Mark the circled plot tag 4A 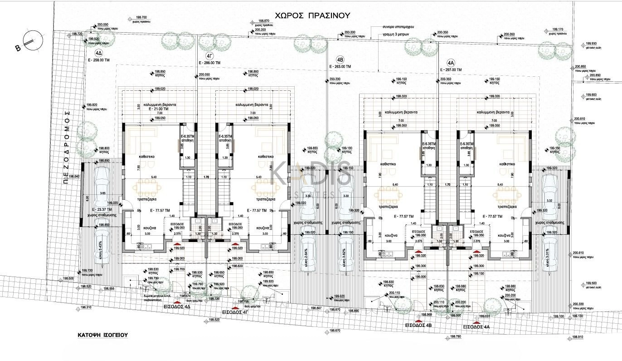pos(450,63)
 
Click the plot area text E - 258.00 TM pos(99,59)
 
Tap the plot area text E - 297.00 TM pos(450,70)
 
